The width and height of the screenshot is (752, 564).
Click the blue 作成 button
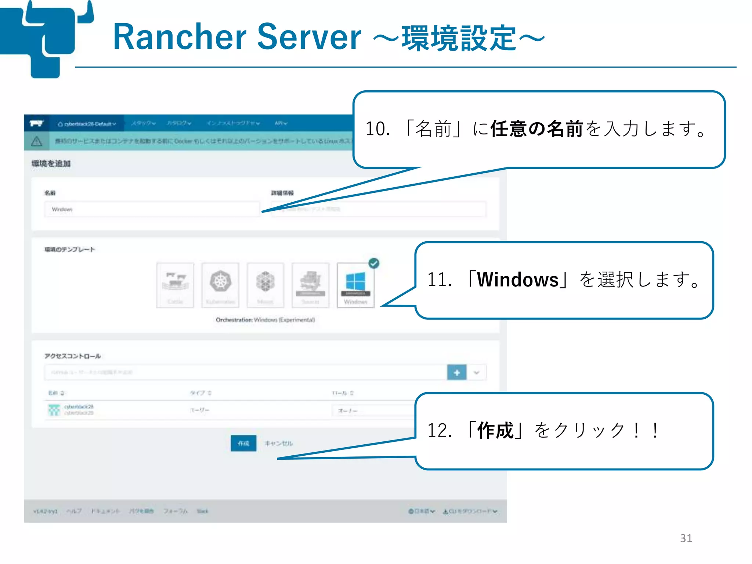(243, 443)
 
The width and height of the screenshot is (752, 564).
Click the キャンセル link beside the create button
(279, 444)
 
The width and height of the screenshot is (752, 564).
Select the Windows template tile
(355, 285)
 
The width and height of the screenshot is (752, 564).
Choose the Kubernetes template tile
(220, 285)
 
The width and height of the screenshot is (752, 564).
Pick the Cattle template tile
(175, 285)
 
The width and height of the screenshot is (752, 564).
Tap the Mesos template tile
(265, 285)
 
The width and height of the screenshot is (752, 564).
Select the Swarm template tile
(310, 285)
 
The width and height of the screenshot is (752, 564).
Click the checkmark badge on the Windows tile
(374, 263)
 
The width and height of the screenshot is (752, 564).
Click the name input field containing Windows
(152, 209)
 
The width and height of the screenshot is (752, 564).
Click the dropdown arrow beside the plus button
(477, 373)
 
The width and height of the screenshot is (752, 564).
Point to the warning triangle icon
(36, 141)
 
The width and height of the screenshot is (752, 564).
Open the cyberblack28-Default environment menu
(87, 124)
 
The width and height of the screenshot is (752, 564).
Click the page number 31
(686, 538)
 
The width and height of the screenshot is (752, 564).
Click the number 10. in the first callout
(377, 129)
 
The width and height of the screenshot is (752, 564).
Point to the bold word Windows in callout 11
(518, 280)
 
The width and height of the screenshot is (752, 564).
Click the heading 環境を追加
(51, 164)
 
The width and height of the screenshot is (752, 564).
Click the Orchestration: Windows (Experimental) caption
(265, 320)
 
